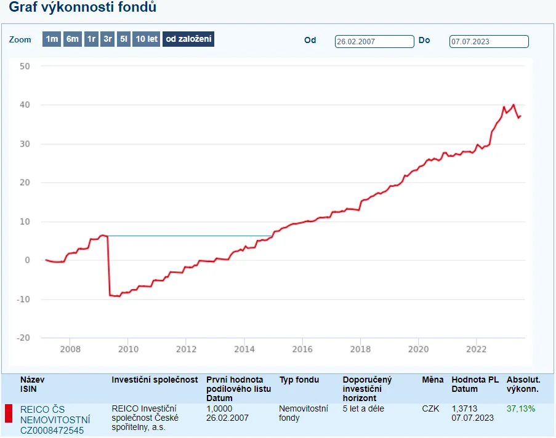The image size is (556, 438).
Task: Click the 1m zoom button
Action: (52, 39)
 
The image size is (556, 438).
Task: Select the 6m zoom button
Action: (73, 39)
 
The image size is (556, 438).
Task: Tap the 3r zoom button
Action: (108, 39)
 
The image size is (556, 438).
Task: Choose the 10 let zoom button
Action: (147, 39)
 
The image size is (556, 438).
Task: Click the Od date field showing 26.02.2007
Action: (374, 41)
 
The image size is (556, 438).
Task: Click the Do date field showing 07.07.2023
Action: (489, 41)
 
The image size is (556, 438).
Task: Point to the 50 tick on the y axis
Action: (25, 66)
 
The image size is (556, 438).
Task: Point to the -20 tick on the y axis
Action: (23, 338)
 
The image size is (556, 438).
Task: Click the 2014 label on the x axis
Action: (244, 349)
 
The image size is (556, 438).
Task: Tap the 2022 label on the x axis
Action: (476, 349)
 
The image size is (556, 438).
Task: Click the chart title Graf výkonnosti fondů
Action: (83, 7)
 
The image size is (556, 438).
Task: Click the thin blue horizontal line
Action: (190, 236)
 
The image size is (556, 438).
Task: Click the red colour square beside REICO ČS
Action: (9, 413)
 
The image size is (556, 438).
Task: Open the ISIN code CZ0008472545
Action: (52, 431)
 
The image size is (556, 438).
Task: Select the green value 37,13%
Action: (521, 408)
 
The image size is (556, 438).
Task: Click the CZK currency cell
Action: (430, 408)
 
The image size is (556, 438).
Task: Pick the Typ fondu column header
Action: (299, 380)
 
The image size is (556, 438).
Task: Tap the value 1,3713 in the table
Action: (464, 408)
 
